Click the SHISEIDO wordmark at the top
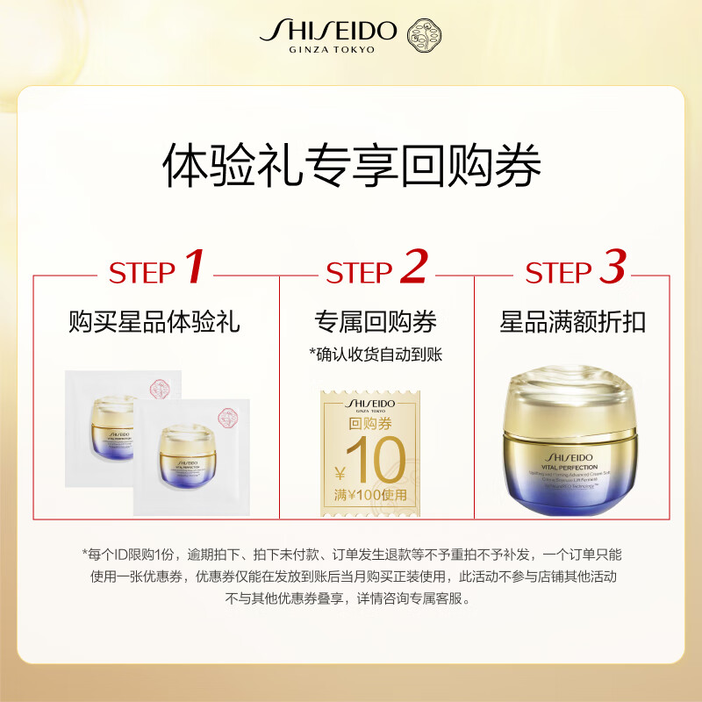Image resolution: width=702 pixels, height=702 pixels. tap(328, 32)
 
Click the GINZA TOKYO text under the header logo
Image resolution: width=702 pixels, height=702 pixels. tap(332, 50)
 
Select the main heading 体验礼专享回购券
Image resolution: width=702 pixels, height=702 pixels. tap(351, 166)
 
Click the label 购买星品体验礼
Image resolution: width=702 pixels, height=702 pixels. tap(154, 322)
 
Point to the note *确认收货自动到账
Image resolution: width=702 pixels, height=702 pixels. tap(376, 354)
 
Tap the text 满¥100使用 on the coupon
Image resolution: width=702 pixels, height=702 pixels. tap(369, 495)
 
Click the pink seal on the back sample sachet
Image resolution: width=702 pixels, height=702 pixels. tap(160, 387)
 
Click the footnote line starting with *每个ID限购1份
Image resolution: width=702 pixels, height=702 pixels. tap(351, 554)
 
